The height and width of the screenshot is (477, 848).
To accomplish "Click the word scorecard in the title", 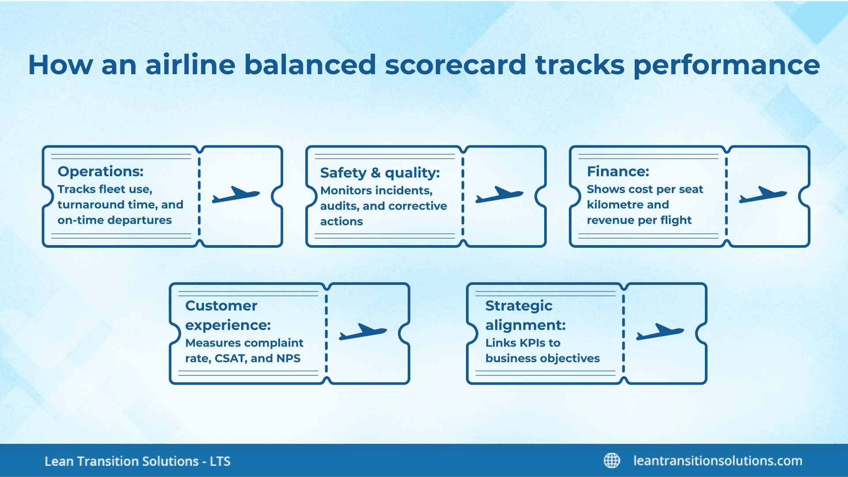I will pyautogui.click(x=455, y=65).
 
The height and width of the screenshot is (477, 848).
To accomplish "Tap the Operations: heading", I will pyautogui.click(x=100, y=171).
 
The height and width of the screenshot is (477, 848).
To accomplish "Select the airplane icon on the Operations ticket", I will pyautogui.click(x=235, y=194).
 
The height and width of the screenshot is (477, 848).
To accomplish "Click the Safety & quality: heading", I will pyautogui.click(x=380, y=173).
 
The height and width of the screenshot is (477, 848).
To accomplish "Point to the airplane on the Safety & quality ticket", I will pyautogui.click(x=499, y=194).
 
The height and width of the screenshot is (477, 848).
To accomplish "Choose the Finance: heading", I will pyautogui.click(x=618, y=171).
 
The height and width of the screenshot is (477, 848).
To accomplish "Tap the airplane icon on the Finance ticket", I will pyautogui.click(x=763, y=194).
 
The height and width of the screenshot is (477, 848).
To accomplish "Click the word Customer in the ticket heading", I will pyautogui.click(x=221, y=306).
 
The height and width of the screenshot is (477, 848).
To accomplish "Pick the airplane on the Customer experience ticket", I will pyautogui.click(x=363, y=331).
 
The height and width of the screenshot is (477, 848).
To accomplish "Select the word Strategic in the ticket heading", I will pyautogui.click(x=519, y=306).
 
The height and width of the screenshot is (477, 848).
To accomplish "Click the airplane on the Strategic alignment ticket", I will pyautogui.click(x=660, y=331).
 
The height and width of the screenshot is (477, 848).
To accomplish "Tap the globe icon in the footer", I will pyautogui.click(x=612, y=460).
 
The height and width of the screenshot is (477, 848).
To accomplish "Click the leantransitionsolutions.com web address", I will pyautogui.click(x=718, y=461).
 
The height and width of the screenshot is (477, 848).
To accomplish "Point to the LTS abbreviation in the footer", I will pyautogui.click(x=220, y=462).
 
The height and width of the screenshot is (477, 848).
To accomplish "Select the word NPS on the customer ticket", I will pyautogui.click(x=288, y=358).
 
